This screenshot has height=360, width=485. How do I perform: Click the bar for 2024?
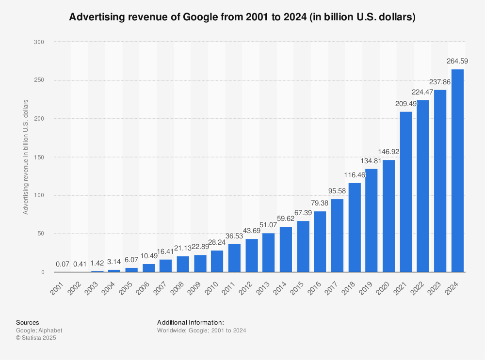pyautogui.click(x=457, y=171)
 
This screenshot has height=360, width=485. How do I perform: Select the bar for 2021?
pyautogui.click(x=406, y=192)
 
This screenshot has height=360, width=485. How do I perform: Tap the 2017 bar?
pyautogui.click(x=337, y=235)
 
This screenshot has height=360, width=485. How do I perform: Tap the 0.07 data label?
pyautogui.click(x=63, y=264)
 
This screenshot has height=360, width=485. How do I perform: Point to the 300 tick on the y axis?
pyautogui.click(x=39, y=42)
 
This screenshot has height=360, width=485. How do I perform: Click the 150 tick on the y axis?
pyautogui.click(x=39, y=157)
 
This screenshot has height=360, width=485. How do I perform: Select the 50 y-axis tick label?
pyautogui.click(x=41, y=234)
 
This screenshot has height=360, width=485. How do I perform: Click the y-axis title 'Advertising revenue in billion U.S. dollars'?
pyautogui.click(x=26, y=157)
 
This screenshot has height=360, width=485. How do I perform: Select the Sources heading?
pyautogui.click(x=28, y=322)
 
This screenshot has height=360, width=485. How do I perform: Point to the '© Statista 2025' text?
pyautogui.click(x=36, y=338)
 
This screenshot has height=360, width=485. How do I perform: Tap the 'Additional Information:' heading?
pyautogui.click(x=190, y=322)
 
